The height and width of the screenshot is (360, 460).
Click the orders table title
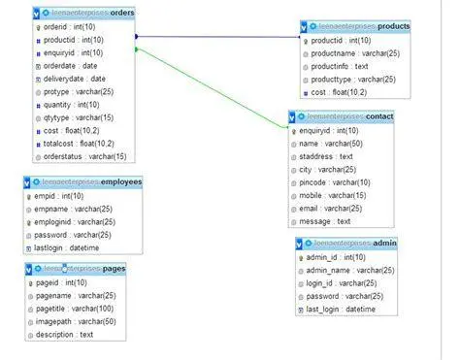tap(88, 13)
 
